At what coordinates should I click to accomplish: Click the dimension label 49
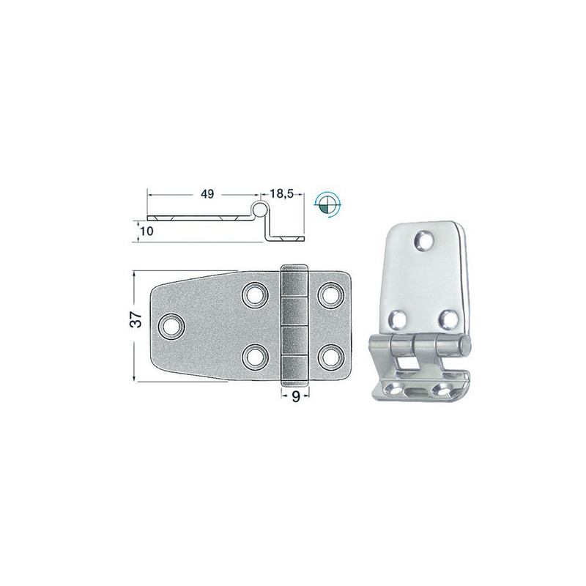pos(207,194)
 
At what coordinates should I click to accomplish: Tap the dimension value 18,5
pos(281,193)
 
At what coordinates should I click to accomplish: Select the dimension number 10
pos(147,231)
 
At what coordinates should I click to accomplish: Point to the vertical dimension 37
pos(136,319)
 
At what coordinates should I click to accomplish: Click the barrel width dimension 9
pos(295,396)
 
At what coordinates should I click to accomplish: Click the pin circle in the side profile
pos(259,209)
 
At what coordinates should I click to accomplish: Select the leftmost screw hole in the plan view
pos(171,326)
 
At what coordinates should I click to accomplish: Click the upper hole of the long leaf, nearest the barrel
pos(255,295)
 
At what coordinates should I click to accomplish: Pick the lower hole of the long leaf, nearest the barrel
pos(255,356)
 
